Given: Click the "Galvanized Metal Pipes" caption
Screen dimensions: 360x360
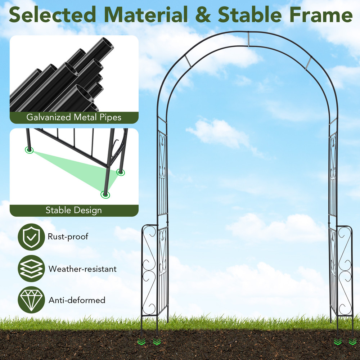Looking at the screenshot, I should (x=74, y=117).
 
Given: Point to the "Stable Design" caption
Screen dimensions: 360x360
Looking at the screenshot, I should (x=74, y=210).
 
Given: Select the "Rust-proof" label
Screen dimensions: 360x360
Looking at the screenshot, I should (x=68, y=237).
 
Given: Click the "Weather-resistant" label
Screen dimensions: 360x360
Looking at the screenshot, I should (x=82, y=269).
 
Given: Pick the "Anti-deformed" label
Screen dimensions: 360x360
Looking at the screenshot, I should (x=77, y=300).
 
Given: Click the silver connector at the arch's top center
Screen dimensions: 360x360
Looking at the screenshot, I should (x=248, y=39).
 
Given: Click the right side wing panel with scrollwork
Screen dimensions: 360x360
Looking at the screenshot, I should (x=345, y=270).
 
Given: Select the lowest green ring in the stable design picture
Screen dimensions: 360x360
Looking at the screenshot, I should (x=105, y=194).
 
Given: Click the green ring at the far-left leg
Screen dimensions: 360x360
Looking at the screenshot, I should (x=29, y=150).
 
